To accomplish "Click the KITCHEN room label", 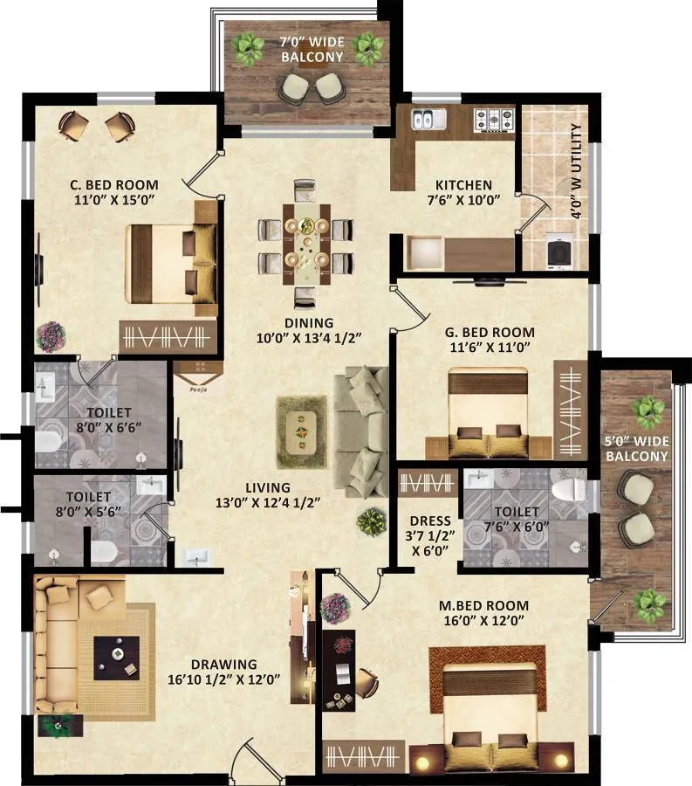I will [463, 185].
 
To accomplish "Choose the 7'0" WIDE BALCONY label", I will [312, 50].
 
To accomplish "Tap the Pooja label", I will [198, 391].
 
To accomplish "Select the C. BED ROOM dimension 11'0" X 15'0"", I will [114, 201].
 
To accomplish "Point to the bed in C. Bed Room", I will [171, 262].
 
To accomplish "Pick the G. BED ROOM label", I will [489, 332].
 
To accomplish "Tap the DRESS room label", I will [429, 521].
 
